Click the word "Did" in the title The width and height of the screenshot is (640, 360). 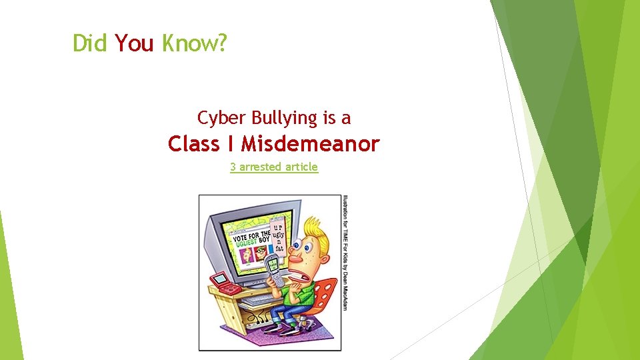[91, 43]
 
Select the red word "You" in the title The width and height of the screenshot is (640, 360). [134, 43]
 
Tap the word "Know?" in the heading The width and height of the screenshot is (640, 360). [194, 44]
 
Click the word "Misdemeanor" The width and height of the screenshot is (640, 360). [310, 143]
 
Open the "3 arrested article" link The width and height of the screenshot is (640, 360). [274, 167]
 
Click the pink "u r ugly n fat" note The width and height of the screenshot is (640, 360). [279, 237]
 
